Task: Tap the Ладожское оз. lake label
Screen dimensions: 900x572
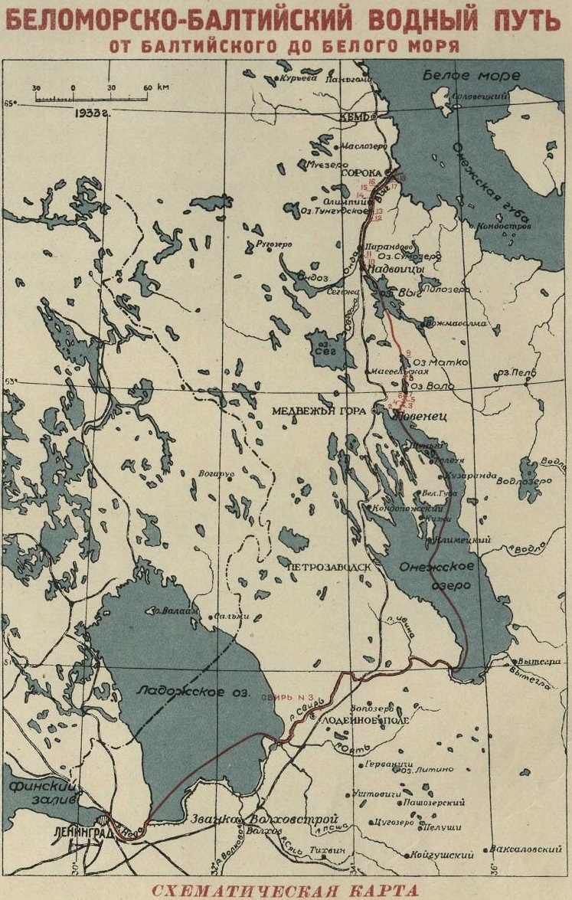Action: pyautogui.click(x=185, y=691)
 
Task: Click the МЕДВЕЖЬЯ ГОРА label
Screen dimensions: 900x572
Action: pyautogui.click(x=316, y=411)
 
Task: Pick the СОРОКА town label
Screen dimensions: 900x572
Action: pyautogui.click(x=361, y=173)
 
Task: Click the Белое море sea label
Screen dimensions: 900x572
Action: pyautogui.click(x=470, y=77)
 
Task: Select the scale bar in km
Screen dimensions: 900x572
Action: pyautogui.click(x=90, y=97)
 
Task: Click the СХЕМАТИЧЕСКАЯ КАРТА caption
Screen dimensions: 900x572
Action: pyautogui.click(x=286, y=891)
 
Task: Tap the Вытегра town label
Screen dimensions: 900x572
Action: pyautogui.click(x=533, y=660)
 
